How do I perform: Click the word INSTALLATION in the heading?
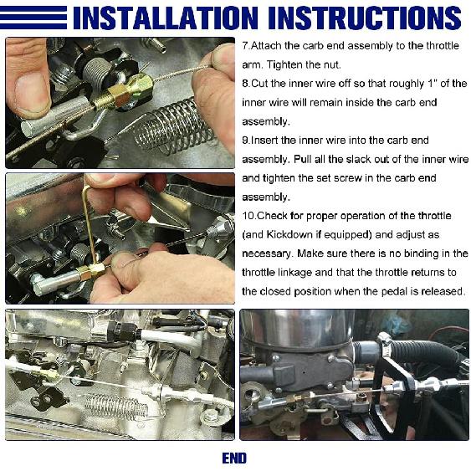point(166,18)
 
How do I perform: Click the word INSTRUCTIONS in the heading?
point(365,18)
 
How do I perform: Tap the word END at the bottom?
point(234,458)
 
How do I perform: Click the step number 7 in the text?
point(245,46)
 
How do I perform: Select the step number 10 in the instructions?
point(248,216)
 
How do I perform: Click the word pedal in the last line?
point(392,292)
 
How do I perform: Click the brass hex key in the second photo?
point(90,223)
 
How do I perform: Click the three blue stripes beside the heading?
point(33,18)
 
